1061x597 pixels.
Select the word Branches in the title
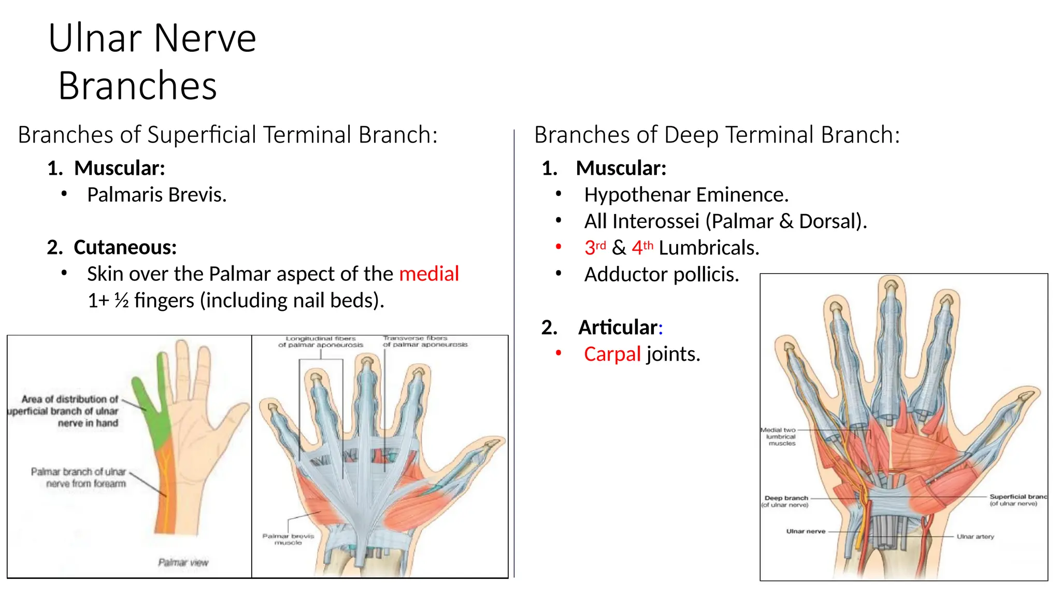[137, 86]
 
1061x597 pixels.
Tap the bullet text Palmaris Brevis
[156, 195]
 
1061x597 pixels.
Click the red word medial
[429, 274]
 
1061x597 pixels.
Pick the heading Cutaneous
[125, 247]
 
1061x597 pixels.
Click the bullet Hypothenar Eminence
[686, 195]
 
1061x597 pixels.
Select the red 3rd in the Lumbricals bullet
[595, 247]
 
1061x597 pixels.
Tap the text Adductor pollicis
[661, 274]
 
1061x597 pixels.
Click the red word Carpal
[612, 354]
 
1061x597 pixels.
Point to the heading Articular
[620, 328]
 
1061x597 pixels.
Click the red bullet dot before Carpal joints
[558, 353]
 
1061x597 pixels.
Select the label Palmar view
[183, 562]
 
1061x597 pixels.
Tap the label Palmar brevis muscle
[288, 539]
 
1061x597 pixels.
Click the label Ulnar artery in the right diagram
[975, 536]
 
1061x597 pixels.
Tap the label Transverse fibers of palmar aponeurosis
[425, 341]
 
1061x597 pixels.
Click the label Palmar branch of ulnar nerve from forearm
[79, 477]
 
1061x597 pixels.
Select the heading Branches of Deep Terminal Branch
[717, 135]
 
